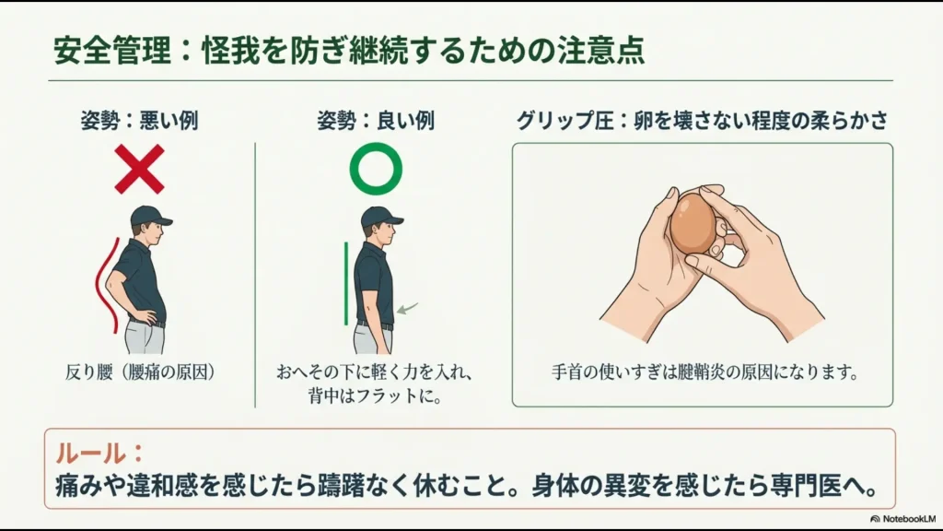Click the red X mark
140,169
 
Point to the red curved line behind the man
108,286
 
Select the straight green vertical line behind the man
346,284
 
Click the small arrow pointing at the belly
407,308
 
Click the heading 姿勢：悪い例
139,121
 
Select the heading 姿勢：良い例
376,121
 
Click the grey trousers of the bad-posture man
145,339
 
